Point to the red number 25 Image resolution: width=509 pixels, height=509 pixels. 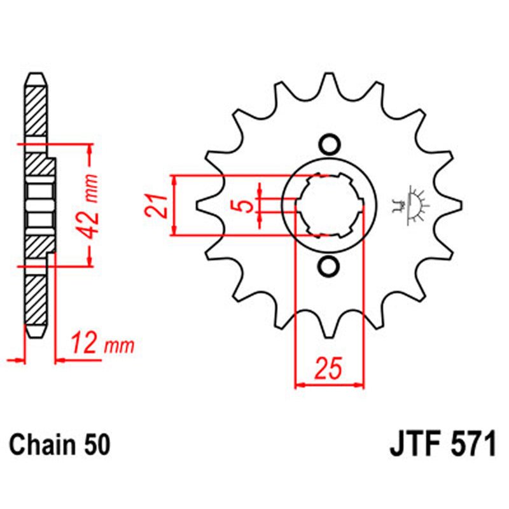[x=329, y=368]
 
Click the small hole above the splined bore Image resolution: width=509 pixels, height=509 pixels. [x=329, y=144]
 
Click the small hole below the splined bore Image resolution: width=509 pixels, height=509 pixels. [x=329, y=267]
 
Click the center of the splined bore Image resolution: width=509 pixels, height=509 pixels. [x=329, y=205]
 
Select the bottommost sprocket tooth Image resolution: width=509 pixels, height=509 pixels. [x=329, y=331]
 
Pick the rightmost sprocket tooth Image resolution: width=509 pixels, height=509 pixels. [x=453, y=205]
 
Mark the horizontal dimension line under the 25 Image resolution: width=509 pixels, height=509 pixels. [x=329, y=384]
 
